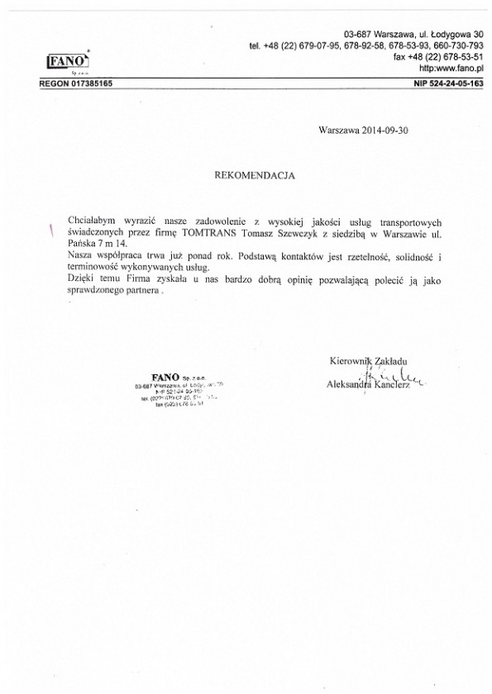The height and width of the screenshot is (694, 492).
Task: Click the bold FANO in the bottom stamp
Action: (x=155, y=377)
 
